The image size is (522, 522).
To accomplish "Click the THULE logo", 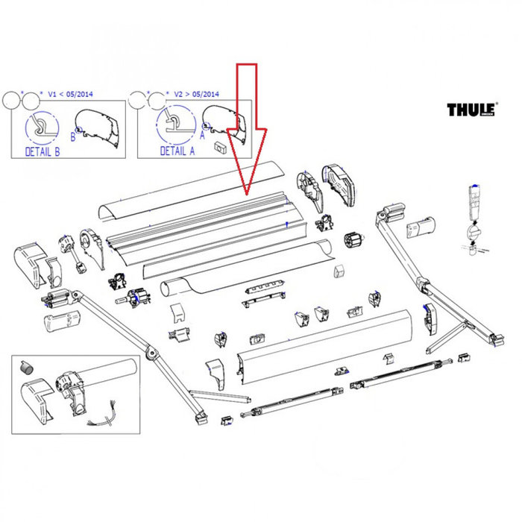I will click(471, 110).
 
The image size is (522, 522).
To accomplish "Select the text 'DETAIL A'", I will click(177, 151).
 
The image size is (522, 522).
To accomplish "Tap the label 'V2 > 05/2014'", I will click(197, 94).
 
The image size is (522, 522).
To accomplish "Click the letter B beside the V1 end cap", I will click(73, 136).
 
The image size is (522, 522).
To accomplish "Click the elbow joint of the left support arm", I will click(152, 350).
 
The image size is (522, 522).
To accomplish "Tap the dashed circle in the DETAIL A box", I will click(170, 123).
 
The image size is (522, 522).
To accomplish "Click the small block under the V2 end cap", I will click(220, 146).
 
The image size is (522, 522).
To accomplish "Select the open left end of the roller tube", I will click(169, 286).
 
